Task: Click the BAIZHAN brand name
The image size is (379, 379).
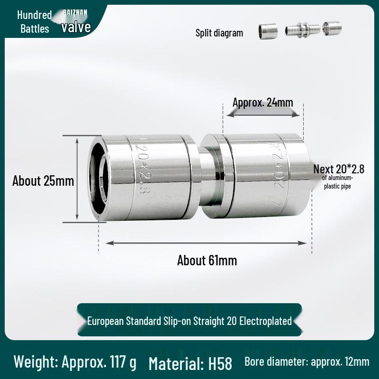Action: point(75,12)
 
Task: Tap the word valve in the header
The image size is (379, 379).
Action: point(76,27)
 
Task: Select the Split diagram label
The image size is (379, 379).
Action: point(219,33)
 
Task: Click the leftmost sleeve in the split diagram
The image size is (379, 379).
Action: point(267,31)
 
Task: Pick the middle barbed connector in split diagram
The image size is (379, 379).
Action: point(302,30)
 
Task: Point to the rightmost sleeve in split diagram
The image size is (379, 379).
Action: point(332,28)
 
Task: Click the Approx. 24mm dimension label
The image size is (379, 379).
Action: point(263,102)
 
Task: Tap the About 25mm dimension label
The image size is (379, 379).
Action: point(43,180)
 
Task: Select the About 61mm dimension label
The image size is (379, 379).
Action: point(207,260)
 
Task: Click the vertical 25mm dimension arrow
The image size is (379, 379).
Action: point(77,179)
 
